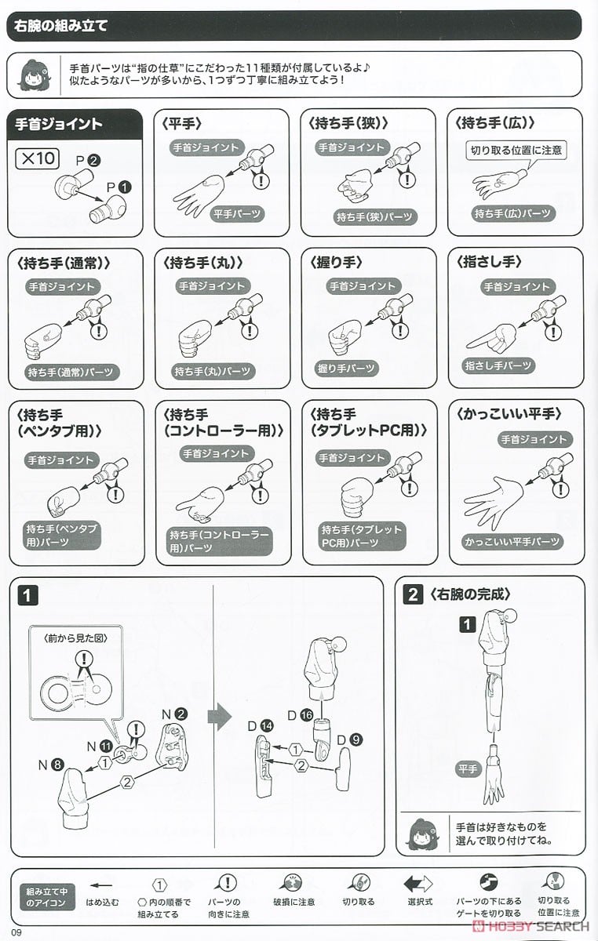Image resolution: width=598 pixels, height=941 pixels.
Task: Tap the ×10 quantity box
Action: tap(37, 158)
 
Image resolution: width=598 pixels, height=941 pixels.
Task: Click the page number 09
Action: tap(16, 932)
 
